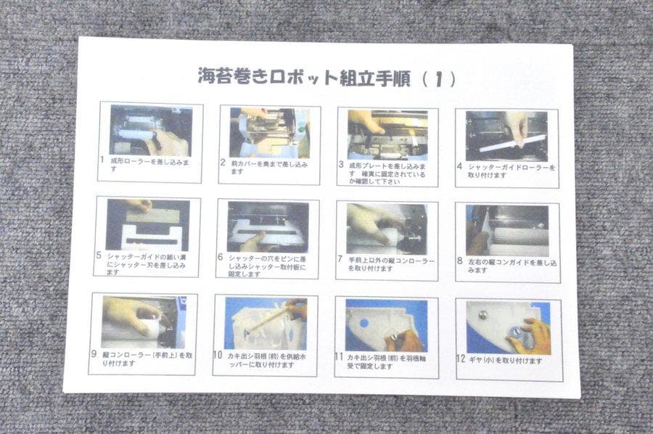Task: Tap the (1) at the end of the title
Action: [439, 79]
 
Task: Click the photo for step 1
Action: [150, 131]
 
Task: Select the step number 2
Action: [223, 164]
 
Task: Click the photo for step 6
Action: [268, 226]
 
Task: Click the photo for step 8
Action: [507, 230]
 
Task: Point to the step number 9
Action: [94, 355]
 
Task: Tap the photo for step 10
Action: [266, 323]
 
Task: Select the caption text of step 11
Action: [389, 361]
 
